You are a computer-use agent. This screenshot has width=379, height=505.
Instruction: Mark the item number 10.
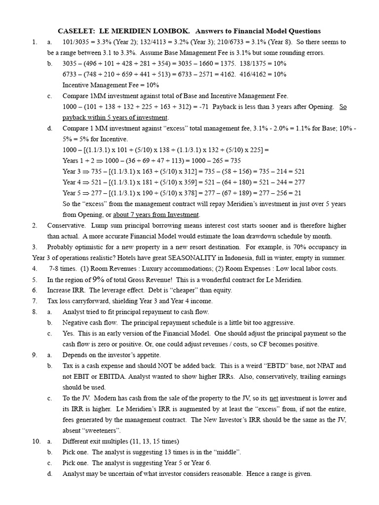[37, 441]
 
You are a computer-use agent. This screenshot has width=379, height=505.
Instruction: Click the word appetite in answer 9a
[147, 355]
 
